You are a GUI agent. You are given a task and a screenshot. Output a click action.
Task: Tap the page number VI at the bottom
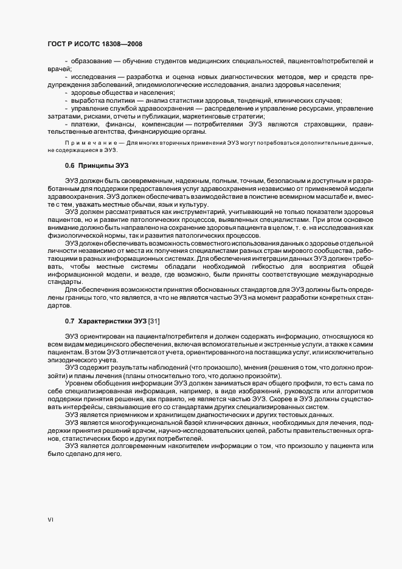(x=51, y=520)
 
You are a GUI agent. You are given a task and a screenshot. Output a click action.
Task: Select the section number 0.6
(x=70, y=166)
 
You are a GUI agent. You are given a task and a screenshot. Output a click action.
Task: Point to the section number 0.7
(x=70, y=320)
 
